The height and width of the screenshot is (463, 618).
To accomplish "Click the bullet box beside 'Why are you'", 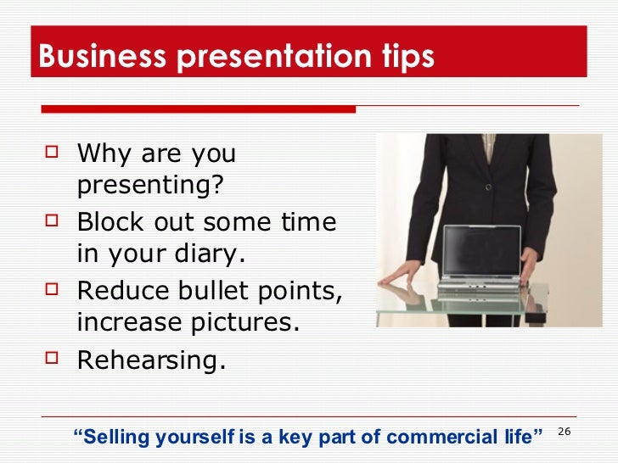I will [x=53, y=153].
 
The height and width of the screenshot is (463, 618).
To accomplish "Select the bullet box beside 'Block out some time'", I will [x=53, y=222].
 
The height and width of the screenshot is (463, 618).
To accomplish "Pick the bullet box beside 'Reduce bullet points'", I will [x=53, y=291].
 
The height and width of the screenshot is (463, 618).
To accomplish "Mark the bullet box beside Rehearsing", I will [x=53, y=359].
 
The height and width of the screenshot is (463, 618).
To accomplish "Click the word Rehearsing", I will [x=151, y=360].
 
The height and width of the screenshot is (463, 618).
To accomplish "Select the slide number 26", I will [x=565, y=433].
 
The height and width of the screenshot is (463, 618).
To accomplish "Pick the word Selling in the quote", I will [x=114, y=438].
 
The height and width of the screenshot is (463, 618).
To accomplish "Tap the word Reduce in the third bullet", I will [x=116, y=291].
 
